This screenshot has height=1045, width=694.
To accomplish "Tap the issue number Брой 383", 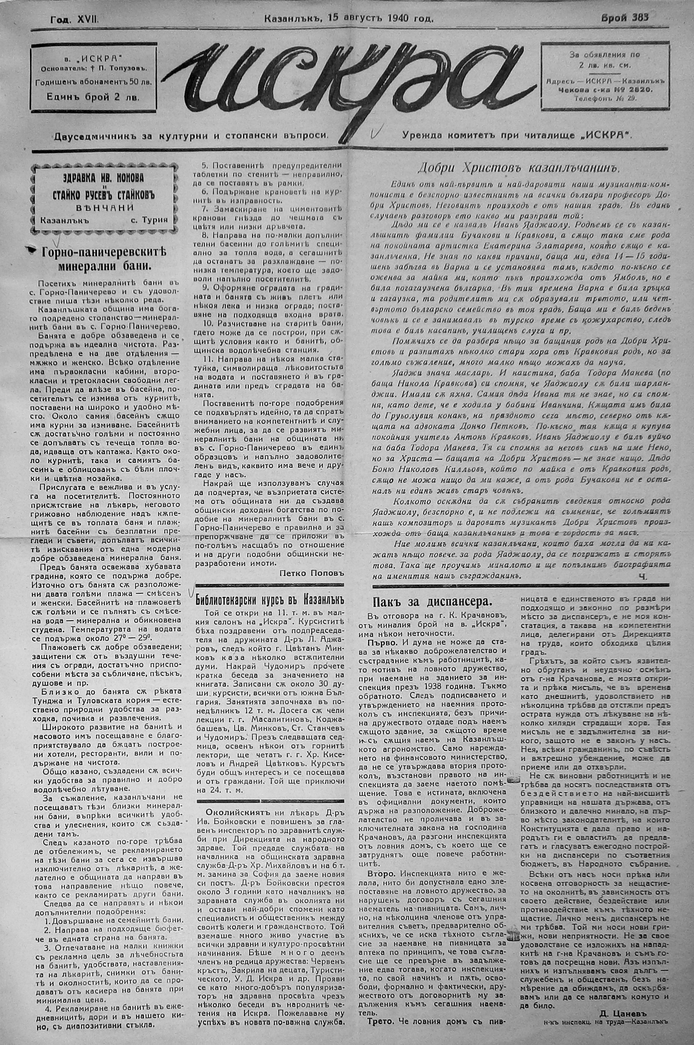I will [x=625, y=18].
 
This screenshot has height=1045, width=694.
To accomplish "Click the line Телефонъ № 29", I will [x=605, y=99].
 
